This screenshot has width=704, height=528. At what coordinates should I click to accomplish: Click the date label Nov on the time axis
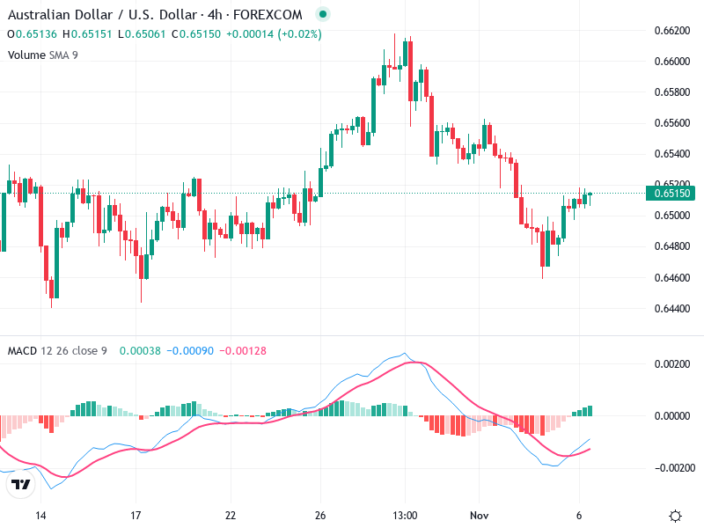point(479,515)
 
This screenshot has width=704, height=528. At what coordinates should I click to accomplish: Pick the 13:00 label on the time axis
point(404,515)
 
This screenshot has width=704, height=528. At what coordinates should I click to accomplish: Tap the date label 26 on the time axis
point(321,515)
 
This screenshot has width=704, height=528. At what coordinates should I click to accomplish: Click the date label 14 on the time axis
point(40,515)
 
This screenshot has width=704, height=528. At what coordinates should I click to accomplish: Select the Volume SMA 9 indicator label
point(41,55)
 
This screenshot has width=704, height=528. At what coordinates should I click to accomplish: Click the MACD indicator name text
point(22,351)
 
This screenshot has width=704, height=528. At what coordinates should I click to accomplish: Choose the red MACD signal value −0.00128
point(240,351)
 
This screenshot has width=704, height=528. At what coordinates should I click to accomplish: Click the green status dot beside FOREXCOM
point(323,15)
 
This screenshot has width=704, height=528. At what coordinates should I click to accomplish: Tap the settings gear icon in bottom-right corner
point(676,516)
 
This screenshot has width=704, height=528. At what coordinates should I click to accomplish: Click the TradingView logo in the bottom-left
point(19,484)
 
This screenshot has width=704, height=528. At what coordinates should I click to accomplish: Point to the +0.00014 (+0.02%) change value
point(274,34)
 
